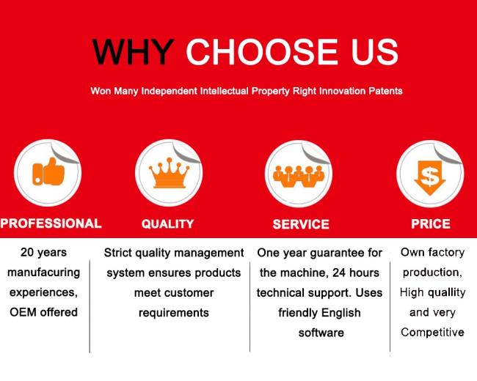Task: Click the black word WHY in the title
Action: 132,52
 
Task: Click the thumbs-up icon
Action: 48,174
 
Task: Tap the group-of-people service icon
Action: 298,174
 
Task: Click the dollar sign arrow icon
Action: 429,174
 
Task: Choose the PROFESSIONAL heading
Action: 51,223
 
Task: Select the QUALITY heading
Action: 167,224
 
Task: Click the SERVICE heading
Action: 300,224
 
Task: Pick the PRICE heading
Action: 431,223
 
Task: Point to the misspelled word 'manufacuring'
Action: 43,273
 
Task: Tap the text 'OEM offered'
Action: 43,313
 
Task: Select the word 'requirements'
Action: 173,313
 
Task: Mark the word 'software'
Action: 321,333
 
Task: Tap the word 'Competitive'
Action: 432,333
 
